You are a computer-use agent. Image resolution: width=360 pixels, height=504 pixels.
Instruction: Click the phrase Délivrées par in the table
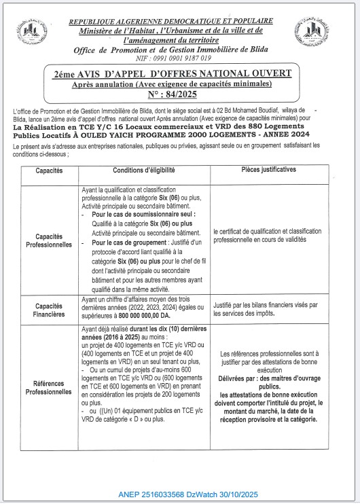[x=238, y=379]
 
